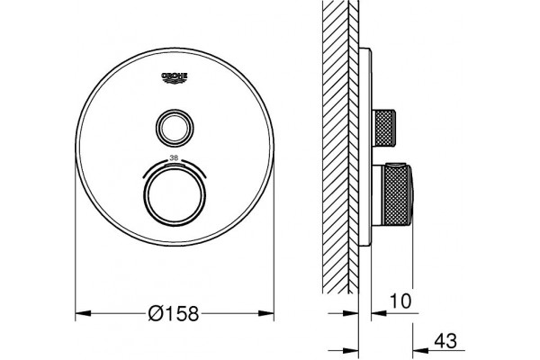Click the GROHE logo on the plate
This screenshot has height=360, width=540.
click(175, 78)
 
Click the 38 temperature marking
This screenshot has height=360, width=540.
click(175, 158)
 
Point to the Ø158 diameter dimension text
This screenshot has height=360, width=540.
click(174, 313)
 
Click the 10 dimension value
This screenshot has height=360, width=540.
click(400, 301)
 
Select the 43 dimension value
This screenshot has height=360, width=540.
click(445, 341)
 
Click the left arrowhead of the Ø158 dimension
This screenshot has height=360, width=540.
click(83, 313)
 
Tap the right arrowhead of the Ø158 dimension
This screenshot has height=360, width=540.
click(266, 313)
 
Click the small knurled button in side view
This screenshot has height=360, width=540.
click(385, 128)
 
